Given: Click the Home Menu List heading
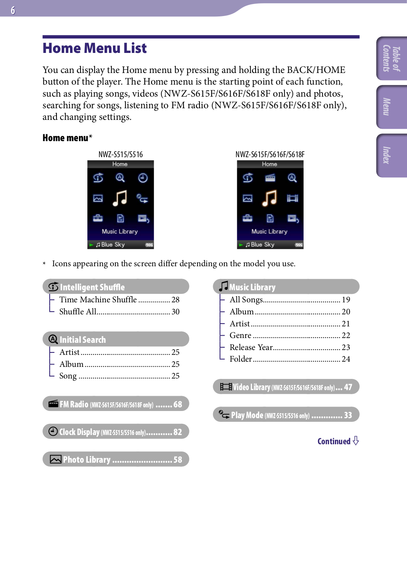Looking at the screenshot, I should (95, 48).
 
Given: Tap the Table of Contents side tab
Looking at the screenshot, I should (391, 59).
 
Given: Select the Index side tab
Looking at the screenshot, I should (391, 155).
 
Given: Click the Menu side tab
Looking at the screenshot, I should (391, 107).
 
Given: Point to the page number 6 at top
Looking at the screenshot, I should (13, 10).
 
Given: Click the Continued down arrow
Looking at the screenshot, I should (356, 441).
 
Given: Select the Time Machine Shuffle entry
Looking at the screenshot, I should (98, 300).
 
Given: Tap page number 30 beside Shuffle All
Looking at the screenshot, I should (175, 312).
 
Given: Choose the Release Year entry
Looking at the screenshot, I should (251, 347).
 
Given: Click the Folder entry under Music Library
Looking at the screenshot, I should (241, 359).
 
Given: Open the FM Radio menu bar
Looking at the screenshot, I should (116, 404).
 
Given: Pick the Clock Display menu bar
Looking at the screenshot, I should (116, 432).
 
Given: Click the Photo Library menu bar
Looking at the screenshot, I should (116, 459).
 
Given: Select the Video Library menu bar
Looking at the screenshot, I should (286, 387).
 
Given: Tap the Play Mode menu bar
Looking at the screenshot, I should (286, 415).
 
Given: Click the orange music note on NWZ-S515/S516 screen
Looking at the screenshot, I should (120, 198).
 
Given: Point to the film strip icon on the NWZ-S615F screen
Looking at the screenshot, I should (292, 198).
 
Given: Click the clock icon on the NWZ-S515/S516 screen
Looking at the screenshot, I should (143, 178).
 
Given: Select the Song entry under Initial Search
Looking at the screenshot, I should (68, 376).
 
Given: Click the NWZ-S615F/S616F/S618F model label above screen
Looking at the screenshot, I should (270, 155).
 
